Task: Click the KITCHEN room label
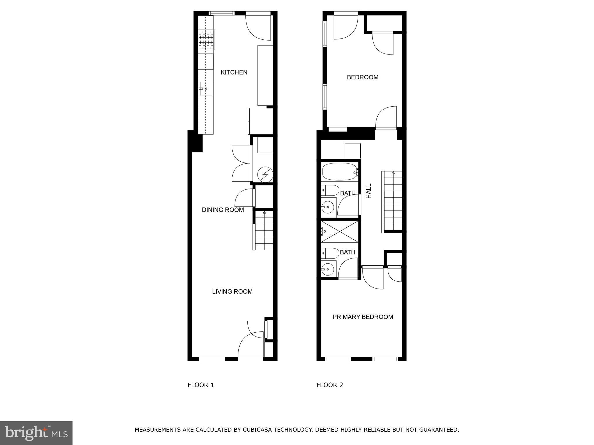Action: point(234,72)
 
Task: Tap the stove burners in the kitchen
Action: point(206,40)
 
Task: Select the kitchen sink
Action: point(206,89)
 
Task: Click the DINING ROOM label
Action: point(223,210)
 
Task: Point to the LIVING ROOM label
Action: point(232,292)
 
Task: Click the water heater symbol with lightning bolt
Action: point(265,174)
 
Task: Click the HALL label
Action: point(369,191)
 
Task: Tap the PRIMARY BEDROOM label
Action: point(363,317)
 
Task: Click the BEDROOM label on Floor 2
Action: point(363,77)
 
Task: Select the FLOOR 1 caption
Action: point(201,385)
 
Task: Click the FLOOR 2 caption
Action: point(329,385)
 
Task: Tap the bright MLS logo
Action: point(36,433)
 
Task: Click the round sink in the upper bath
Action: point(328,207)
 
